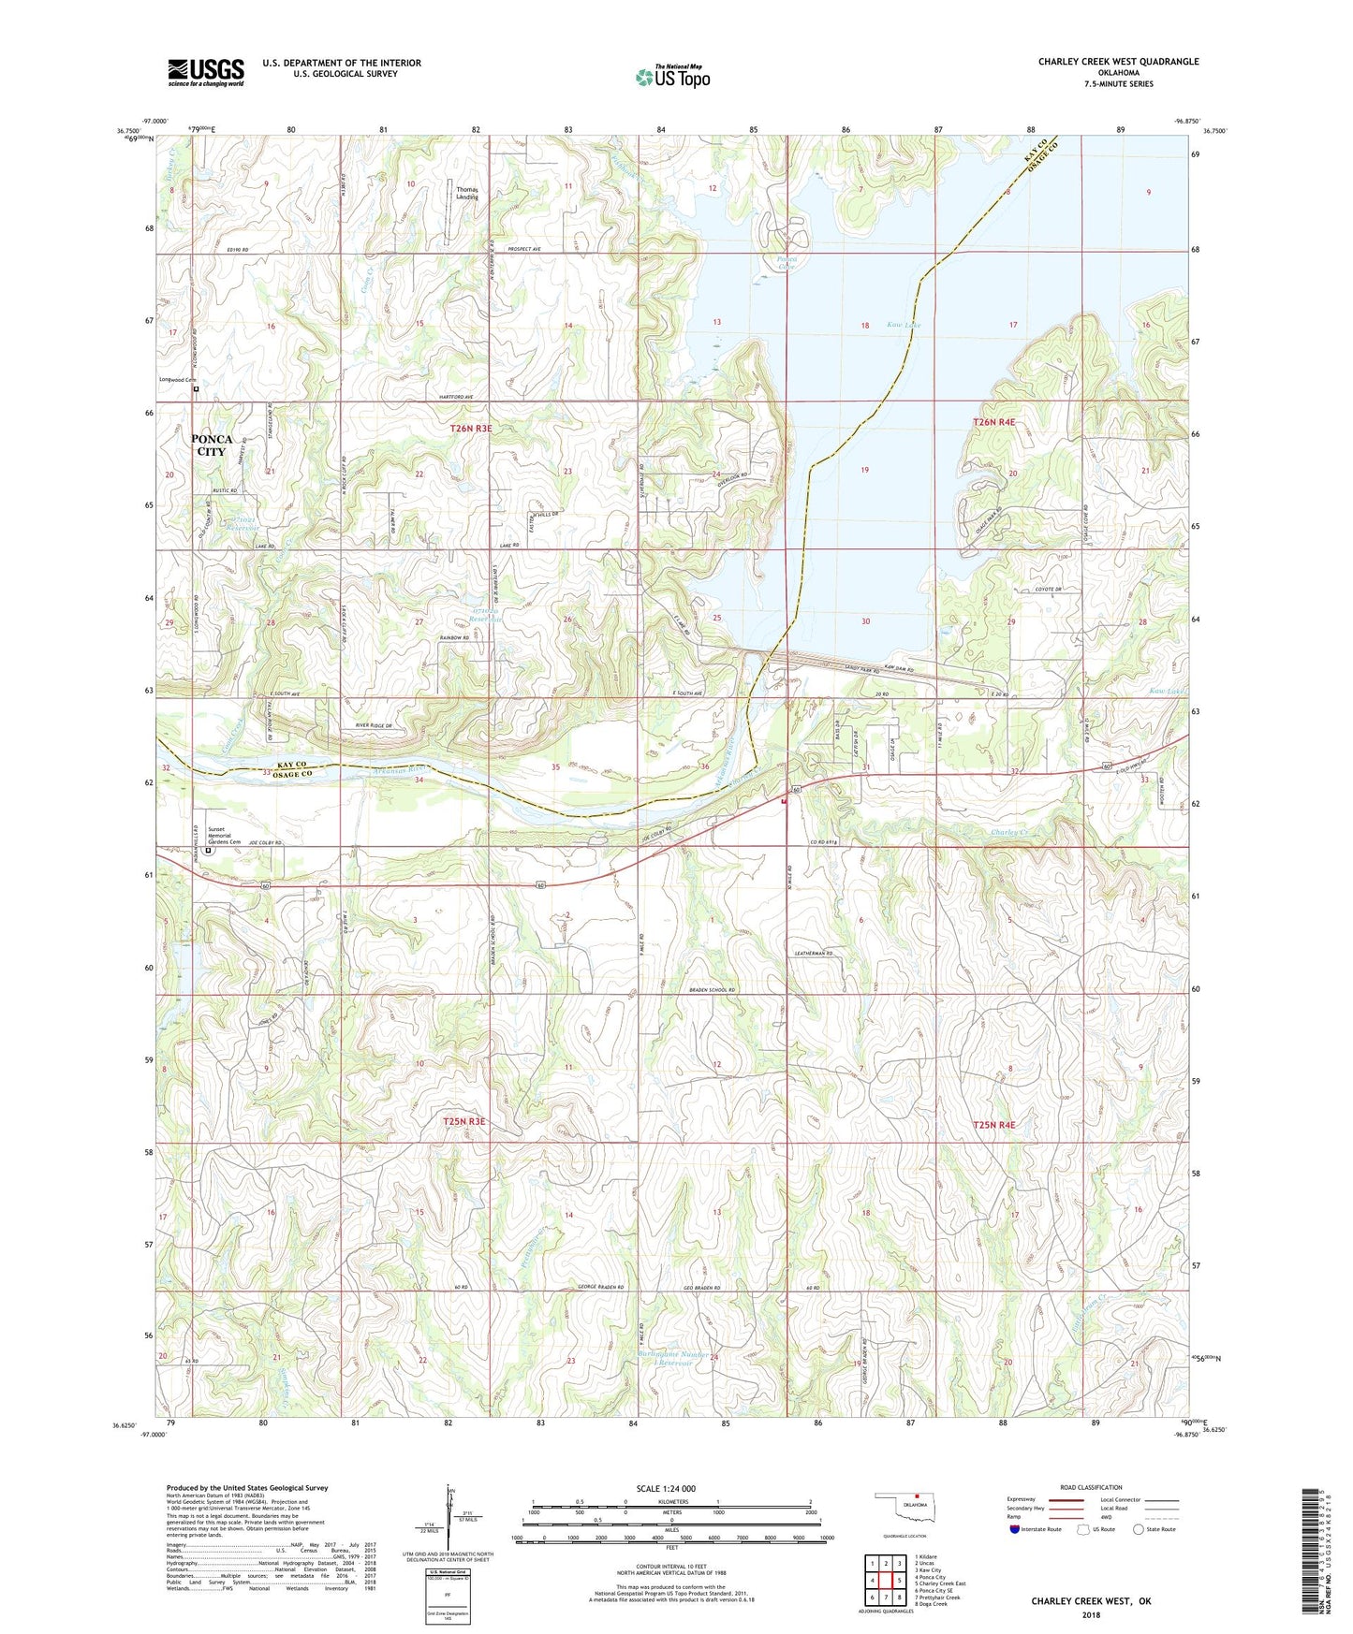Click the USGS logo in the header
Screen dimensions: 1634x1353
pos(206,72)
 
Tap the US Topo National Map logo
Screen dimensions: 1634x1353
pos(672,77)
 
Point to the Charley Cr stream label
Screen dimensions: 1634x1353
pos(1009,832)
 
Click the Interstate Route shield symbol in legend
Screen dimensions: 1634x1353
pos(1015,1529)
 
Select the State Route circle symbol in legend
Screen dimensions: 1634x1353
pos(1139,1529)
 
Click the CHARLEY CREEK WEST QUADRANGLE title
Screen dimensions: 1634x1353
pos(1118,62)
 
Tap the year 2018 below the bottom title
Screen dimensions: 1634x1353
pos(1091,1614)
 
